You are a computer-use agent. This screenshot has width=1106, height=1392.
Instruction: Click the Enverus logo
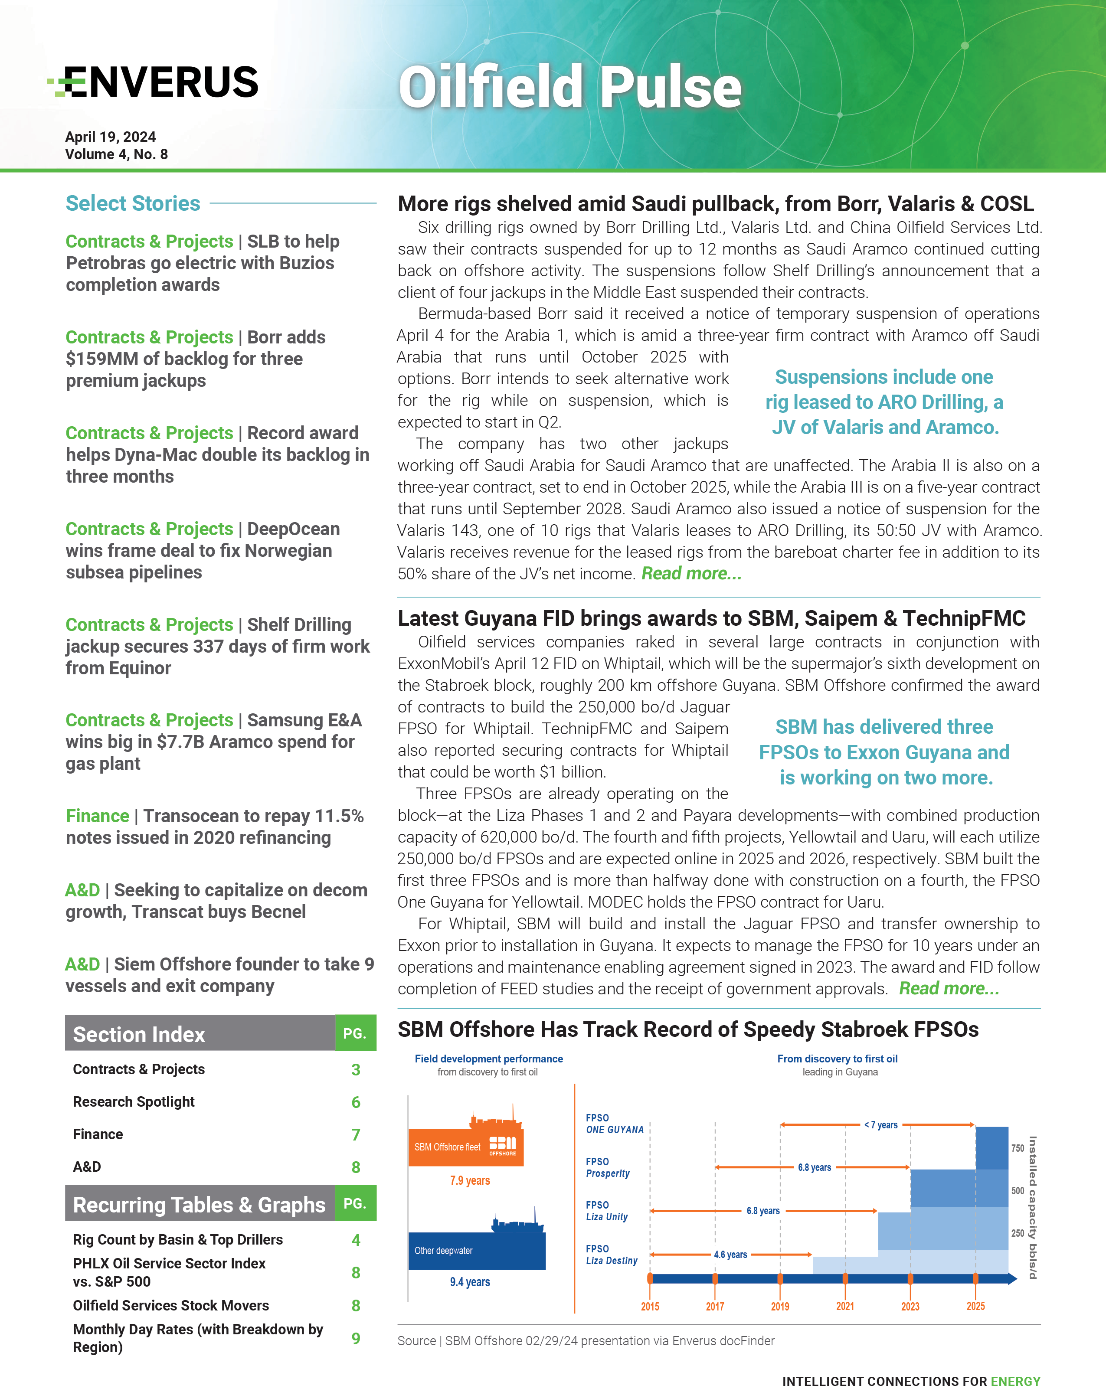click(x=154, y=82)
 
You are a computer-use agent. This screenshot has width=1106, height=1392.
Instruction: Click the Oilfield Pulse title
click(x=569, y=87)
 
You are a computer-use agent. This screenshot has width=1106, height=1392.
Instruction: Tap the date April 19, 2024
click(x=111, y=137)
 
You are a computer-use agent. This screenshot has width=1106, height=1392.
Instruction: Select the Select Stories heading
click(x=133, y=203)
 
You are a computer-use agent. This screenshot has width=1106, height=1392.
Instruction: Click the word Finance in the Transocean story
click(x=98, y=816)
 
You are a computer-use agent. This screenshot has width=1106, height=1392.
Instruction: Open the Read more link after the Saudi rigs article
click(x=691, y=573)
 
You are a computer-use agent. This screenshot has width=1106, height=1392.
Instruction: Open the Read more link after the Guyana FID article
click(x=949, y=988)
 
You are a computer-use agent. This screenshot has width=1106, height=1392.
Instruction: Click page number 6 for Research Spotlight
click(x=356, y=1102)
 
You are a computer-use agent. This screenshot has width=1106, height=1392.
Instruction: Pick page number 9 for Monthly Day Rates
click(x=356, y=1338)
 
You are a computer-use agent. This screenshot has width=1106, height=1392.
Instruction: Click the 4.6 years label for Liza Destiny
click(x=730, y=1255)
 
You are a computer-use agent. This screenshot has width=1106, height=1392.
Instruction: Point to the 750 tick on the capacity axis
click(x=1018, y=1148)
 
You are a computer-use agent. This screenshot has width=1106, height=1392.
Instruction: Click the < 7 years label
click(x=880, y=1125)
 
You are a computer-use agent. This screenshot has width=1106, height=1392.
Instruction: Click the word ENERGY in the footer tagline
click(x=1016, y=1381)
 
